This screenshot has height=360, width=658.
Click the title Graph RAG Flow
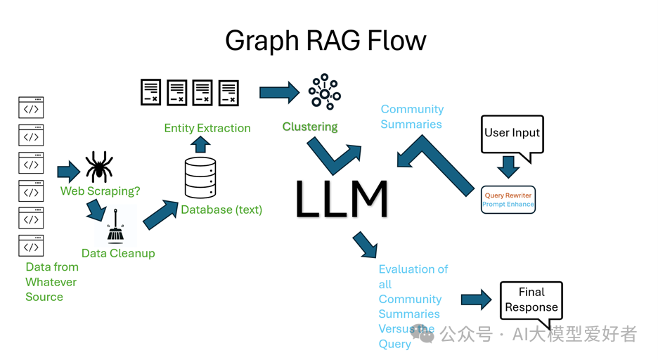pos(325,41)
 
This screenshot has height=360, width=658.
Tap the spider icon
pos(99,167)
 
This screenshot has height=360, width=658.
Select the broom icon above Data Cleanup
pos(115,227)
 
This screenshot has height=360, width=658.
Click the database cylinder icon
pos(200,177)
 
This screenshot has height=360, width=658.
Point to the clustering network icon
pos(324,91)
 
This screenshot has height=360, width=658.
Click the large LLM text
pos(342,199)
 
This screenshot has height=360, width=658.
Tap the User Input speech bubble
pos(512,133)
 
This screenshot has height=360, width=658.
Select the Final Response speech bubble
pos(531,300)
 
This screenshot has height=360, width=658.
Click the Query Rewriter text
pos(508,195)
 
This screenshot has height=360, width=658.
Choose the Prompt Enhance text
pos(508,205)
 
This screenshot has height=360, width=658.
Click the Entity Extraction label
pos(207,128)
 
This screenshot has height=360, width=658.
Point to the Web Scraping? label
pos(100,191)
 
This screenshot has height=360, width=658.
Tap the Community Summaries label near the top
pos(412,117)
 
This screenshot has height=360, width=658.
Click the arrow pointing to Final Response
pos(476,300)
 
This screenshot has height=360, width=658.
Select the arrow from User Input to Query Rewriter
pos(508,167)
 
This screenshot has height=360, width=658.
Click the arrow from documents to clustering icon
pos(279,92)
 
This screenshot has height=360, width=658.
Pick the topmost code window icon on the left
pos(31,108)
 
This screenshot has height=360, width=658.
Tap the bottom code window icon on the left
pos(31,246)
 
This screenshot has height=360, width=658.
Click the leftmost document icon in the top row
pos(150,92)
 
